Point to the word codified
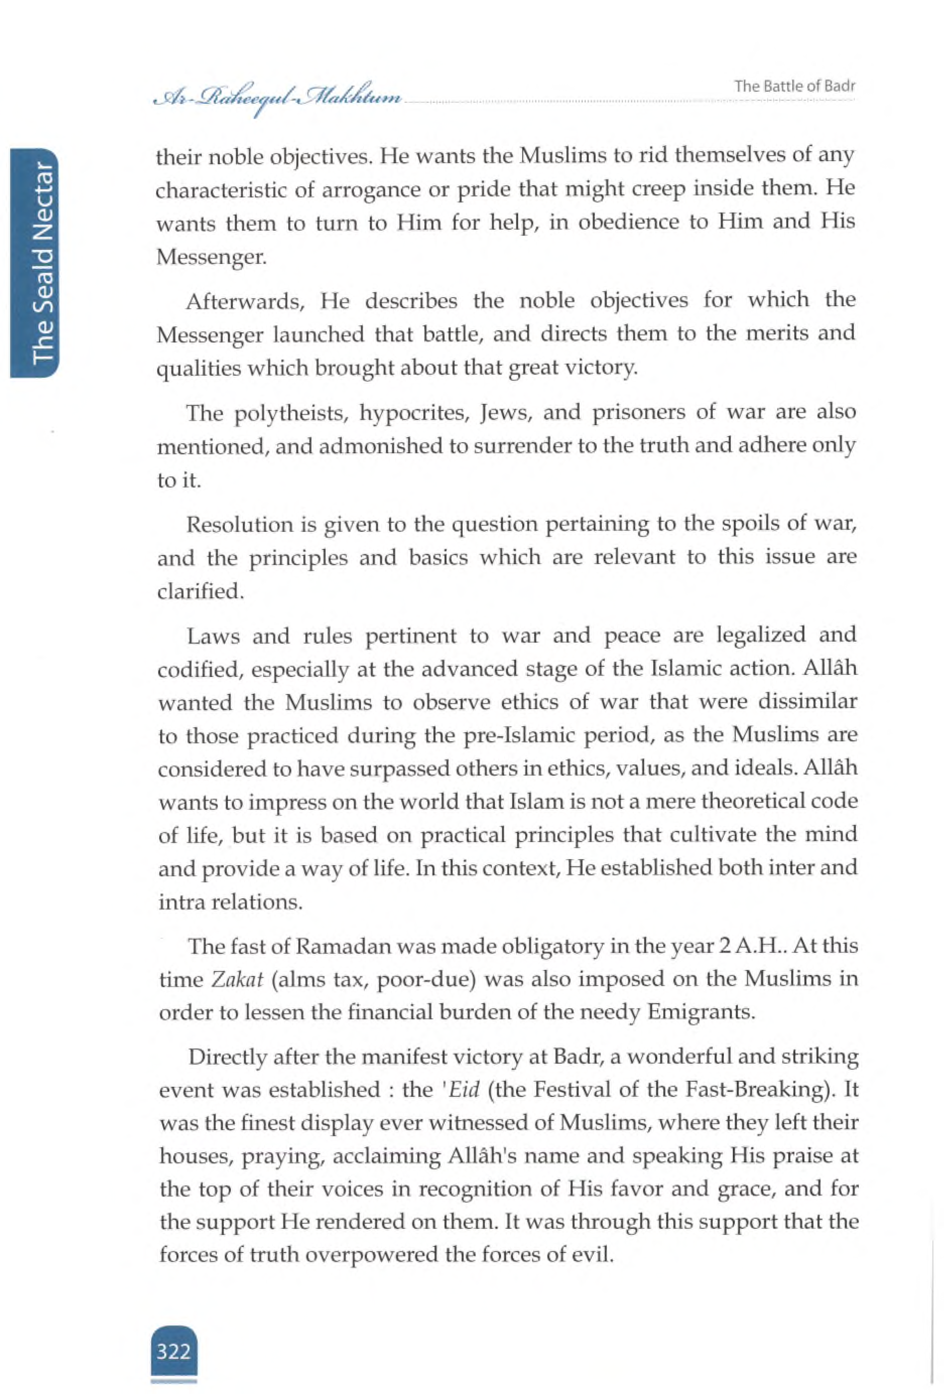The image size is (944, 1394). (x=199, y=669)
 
